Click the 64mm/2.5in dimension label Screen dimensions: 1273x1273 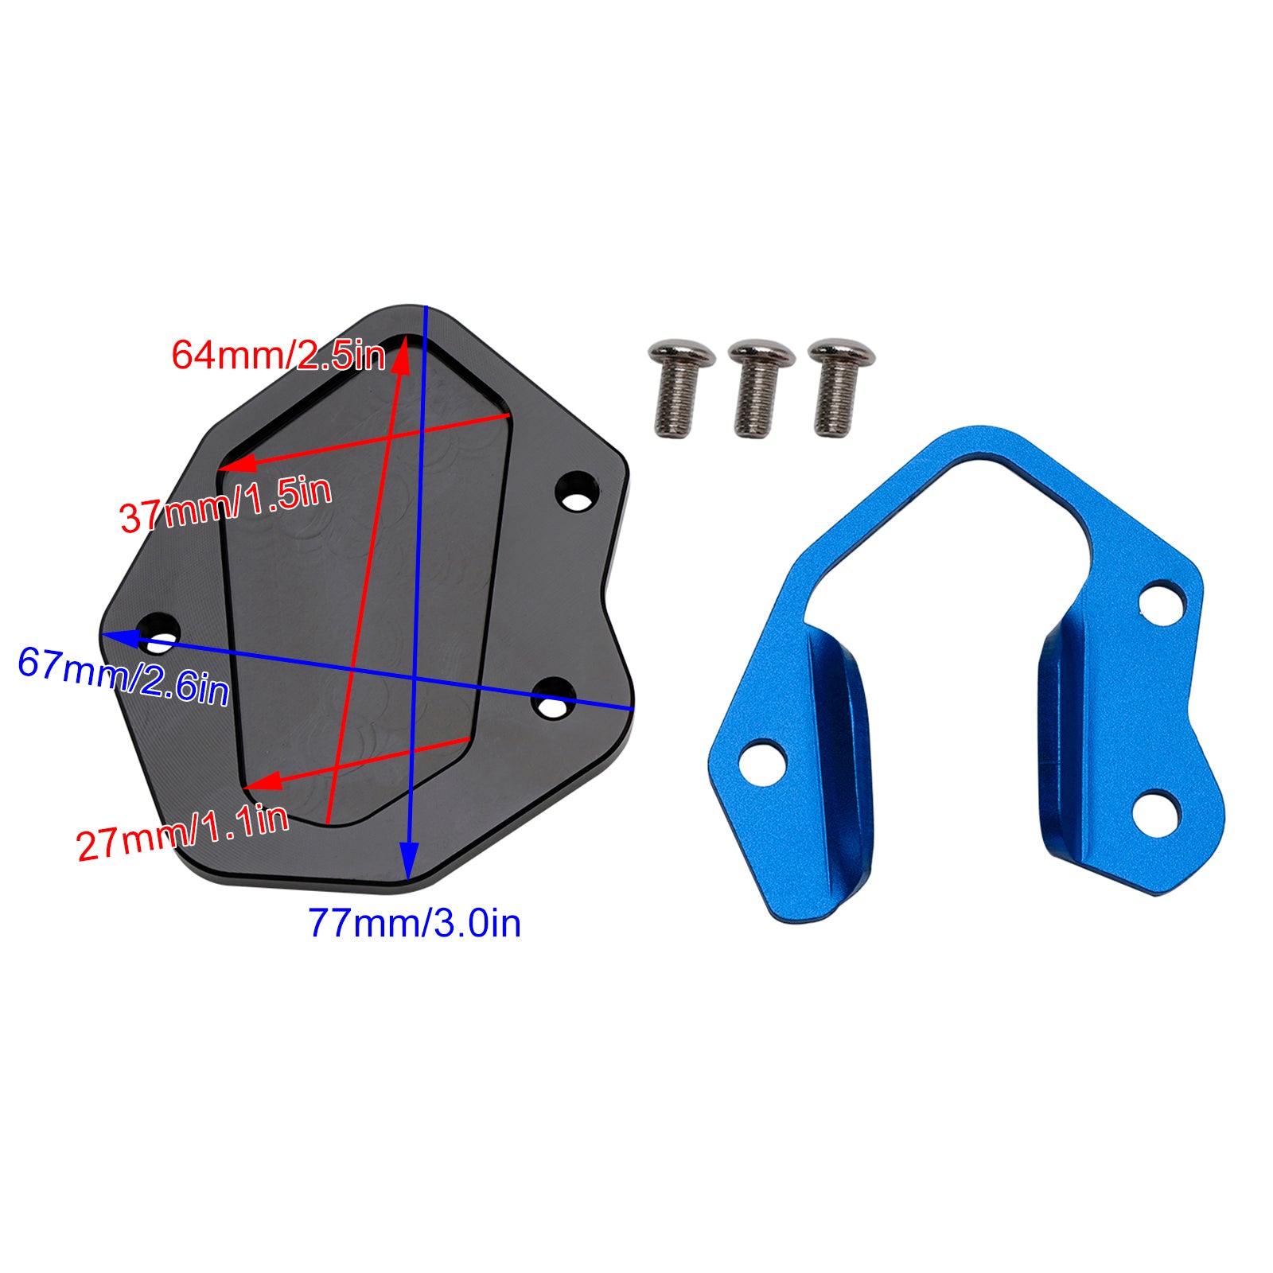coord(278,354)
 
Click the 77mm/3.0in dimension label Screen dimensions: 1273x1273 coord(415,924)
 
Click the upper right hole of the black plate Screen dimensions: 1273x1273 coord(576,491)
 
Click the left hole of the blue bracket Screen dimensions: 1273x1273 coord(762,761)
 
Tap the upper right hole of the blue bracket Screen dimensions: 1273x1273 coord(1162,601)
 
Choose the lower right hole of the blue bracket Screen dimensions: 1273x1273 coord(1154,811)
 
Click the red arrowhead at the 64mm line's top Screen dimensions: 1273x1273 coord(403,354)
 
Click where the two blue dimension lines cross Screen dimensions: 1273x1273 coord(415,679)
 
